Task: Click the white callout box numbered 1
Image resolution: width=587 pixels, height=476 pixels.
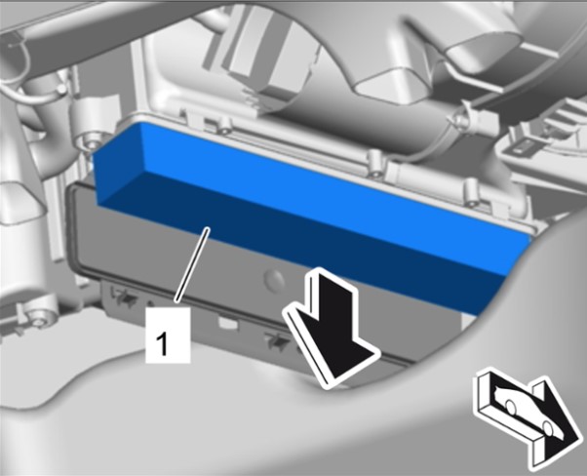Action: point(168,335)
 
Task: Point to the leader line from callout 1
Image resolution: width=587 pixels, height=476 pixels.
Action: point(192,264)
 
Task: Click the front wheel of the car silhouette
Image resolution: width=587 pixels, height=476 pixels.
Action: point(548,428)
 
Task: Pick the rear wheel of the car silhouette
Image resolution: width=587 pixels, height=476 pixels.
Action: point(510,407)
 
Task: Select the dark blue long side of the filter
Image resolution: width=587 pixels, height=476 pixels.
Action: point(307,240)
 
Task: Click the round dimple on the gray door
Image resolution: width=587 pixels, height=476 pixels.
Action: point(274,279)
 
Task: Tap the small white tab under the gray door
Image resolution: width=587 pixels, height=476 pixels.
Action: point(227,324)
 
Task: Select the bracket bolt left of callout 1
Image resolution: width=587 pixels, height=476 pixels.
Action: point(38,323)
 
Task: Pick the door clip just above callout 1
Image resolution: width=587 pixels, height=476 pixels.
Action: point(125,297)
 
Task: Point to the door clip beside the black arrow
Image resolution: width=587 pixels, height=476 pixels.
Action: point(277,340)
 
